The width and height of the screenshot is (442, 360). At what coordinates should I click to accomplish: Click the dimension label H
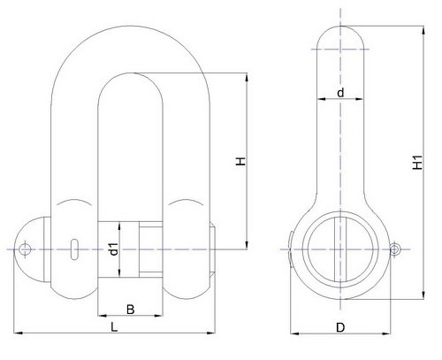click(241, 162)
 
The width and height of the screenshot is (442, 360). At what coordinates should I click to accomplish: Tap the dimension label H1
click(417, 163)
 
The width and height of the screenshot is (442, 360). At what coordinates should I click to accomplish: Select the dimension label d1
click(113, 249)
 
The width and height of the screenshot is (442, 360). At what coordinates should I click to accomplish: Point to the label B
click(130, 310)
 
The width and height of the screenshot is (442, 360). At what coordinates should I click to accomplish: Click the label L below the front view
click(114, 327)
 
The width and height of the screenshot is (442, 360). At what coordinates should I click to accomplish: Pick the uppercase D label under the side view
click(340, 327)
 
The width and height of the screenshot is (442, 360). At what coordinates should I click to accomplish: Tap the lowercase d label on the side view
click(340, 93)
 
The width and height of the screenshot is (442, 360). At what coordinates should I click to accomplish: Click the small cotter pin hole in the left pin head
click(25, 249)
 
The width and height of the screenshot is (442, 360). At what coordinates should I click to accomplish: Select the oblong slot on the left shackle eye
click(75, 249)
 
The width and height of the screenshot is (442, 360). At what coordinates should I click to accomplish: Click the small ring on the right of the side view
click(395, 249)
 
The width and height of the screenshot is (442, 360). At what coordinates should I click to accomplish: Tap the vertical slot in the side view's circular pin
click(340, 249)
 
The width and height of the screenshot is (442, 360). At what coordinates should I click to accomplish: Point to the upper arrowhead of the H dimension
click(247, 78)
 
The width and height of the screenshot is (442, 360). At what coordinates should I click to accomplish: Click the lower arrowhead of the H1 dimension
click(423, 295)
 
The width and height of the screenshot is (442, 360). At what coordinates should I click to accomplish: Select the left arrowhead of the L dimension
click(19, 333)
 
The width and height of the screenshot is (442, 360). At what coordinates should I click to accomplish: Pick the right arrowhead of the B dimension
click(158, 316)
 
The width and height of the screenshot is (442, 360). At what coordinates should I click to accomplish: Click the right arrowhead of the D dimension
click(386, 333)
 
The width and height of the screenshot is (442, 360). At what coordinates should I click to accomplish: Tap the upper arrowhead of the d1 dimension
click(119, 226)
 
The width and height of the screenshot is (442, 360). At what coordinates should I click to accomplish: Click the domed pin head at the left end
click(33, 249)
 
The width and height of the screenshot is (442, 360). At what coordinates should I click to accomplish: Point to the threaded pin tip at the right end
click(213, 249)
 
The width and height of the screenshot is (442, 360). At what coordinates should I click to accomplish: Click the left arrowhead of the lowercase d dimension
click(322, 99)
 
